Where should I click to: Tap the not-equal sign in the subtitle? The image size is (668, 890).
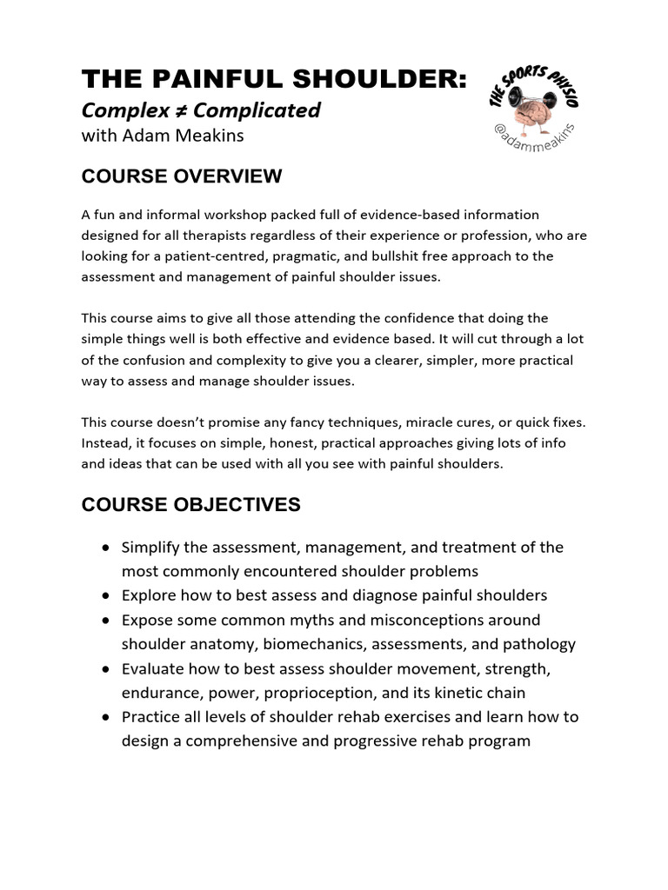point(180,110)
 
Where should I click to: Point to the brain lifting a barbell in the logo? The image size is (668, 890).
point(532,98)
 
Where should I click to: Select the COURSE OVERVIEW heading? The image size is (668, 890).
point(181,176)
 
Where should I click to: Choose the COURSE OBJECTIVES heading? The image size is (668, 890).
point(190,505)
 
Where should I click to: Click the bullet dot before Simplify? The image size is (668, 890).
point(105,548)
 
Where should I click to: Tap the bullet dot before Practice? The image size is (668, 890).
point(105,718)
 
